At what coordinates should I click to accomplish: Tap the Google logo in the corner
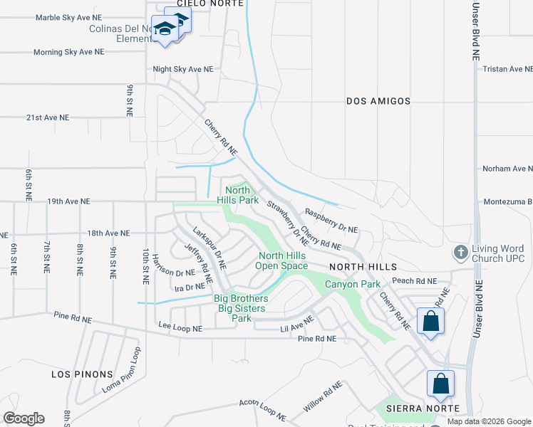click(x=24, y=418)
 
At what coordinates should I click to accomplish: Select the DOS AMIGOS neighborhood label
click(x=378, y=102)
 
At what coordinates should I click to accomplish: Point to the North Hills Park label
click(x=238, y=195)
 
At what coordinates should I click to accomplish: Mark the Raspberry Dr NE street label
click(x=331, y=221)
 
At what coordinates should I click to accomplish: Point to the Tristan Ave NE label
click(x=507, y=69)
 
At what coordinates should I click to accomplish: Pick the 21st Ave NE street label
click(x=48, y=117)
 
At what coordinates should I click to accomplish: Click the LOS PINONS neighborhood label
click(x=82, y=374)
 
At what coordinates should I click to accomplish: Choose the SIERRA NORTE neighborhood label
click(x=419, y=409)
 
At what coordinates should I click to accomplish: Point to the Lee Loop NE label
click(x=180, y=329)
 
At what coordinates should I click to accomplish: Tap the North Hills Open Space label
click(x=283, y=260)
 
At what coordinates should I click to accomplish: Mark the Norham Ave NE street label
click(x=507, y=169)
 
